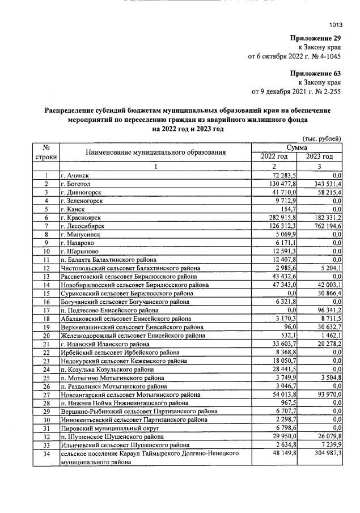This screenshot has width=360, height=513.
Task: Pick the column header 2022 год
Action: pyautogui.click(x=274, y=156)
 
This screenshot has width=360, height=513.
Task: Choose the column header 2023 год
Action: pyautogui.click(x=319, y=156)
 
